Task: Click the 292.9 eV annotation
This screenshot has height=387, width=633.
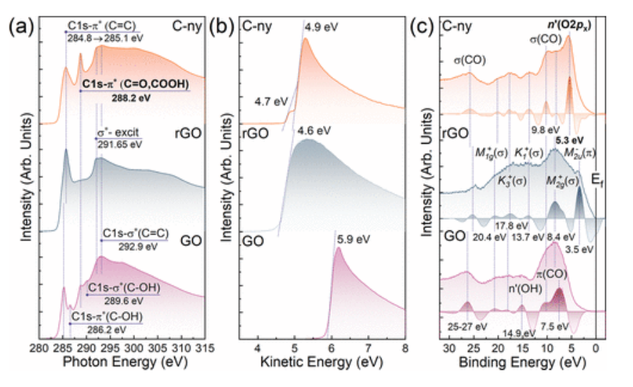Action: point(131,245)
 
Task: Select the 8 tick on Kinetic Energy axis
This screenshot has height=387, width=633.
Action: point(405,348)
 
